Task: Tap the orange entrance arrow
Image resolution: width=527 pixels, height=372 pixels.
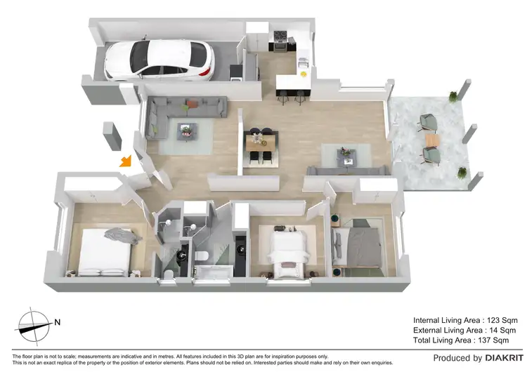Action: coord(125,161)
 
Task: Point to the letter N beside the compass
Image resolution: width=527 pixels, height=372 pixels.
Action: coord(57,323)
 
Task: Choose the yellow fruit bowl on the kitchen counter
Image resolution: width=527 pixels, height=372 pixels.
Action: coord(304,73)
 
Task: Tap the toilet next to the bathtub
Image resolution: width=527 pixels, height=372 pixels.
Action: coord(200,255)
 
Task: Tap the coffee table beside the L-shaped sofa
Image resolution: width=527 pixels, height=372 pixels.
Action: coord(187,129)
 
